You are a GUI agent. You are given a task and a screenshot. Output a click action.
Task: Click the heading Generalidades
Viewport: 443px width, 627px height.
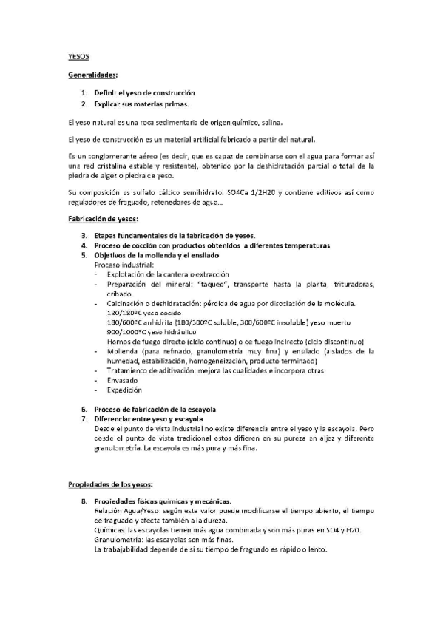(92, 75)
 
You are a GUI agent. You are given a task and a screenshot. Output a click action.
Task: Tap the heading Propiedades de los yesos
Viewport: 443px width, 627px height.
(110, 485)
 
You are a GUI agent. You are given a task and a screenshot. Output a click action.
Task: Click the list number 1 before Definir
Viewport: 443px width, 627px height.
(84, 93)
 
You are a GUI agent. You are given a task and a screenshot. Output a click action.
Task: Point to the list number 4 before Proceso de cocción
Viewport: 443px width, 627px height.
(84, 245)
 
